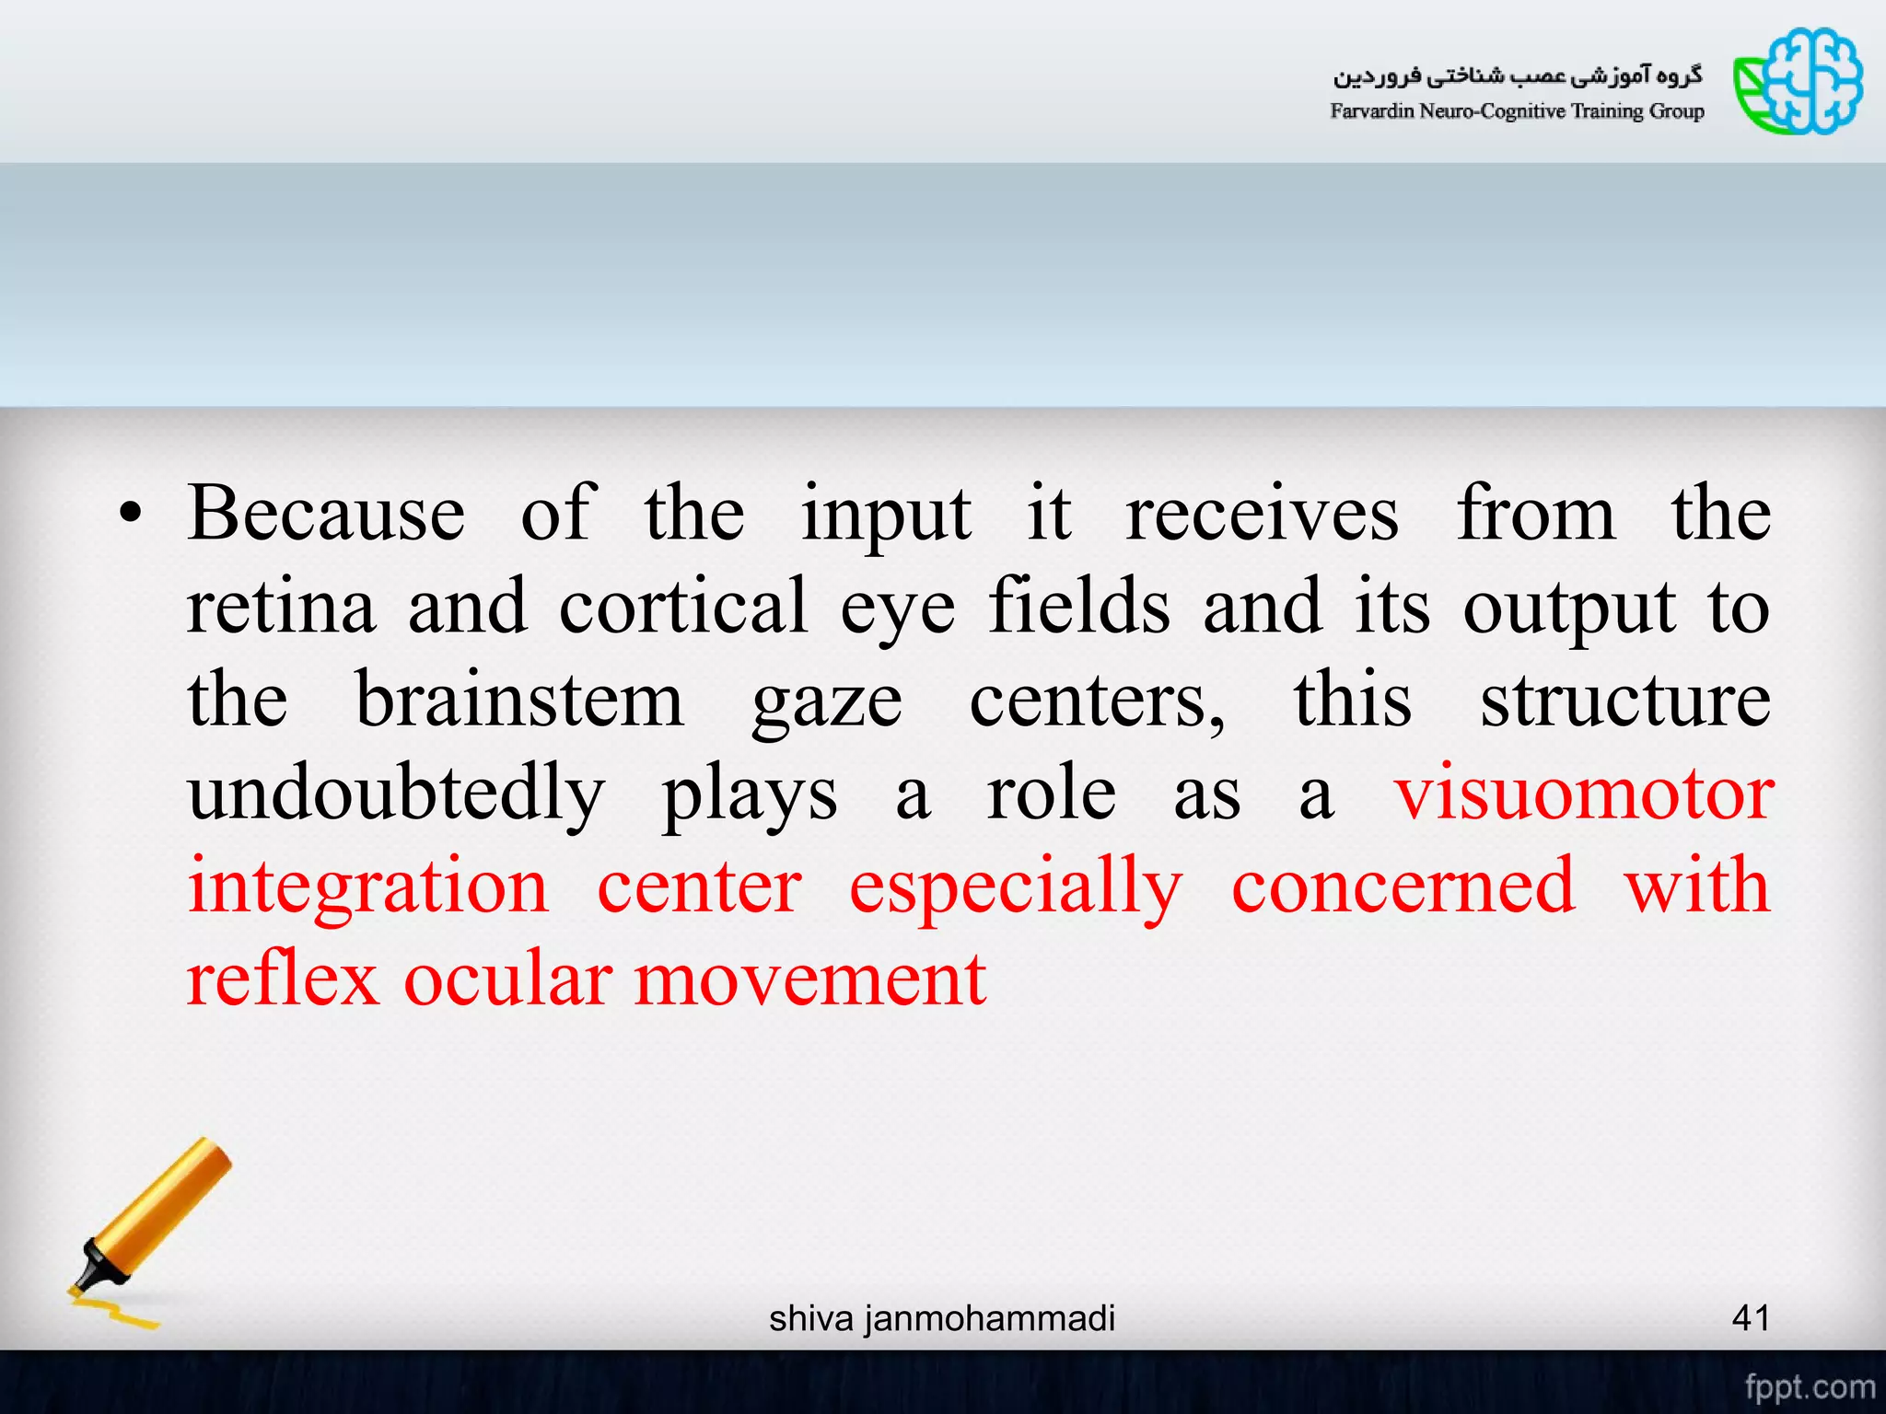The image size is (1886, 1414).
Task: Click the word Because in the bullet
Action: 326,514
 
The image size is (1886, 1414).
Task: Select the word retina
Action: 281,608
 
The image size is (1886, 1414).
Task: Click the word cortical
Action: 683,608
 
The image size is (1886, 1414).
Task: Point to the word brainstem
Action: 519,701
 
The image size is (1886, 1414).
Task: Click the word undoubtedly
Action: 396,794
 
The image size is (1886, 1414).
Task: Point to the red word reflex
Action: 283,979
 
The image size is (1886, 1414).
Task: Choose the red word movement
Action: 810,979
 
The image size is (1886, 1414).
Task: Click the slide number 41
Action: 1751,1318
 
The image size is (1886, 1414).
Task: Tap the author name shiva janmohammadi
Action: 942,1318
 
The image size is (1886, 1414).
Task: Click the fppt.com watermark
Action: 1810,1386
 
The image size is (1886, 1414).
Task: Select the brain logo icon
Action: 1799,81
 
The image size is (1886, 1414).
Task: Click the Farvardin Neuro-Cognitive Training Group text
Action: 1517,111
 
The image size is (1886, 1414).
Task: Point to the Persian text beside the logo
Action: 1518,75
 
